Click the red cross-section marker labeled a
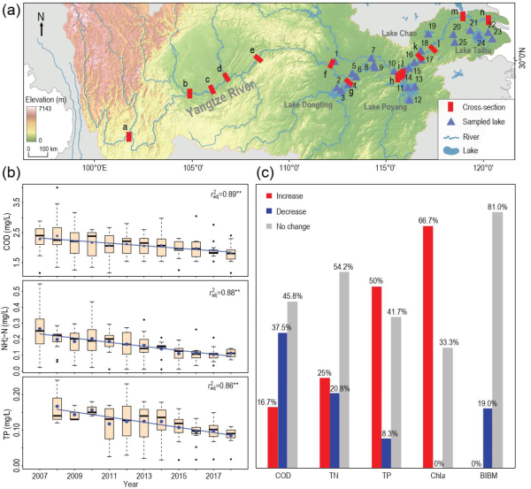click(x=129, y=136)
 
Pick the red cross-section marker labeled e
click(x=258, y=58)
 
